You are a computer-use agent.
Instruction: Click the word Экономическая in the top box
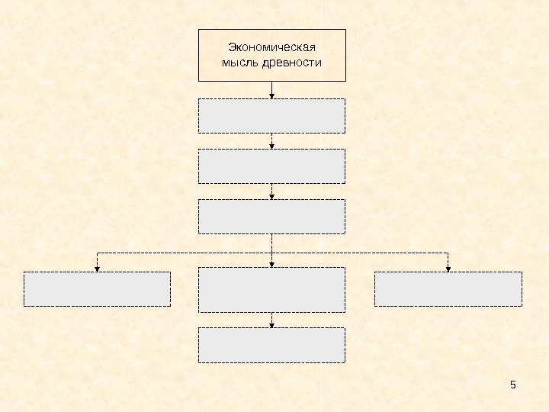tap(272, 48)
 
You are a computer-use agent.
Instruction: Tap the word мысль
tap(239, 63)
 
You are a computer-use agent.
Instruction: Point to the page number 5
tap(513, 384)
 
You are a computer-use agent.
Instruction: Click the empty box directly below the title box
tap(271, 115)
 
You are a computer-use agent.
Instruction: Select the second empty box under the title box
tap(271, 166)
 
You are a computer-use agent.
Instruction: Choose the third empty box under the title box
tap(271, 217)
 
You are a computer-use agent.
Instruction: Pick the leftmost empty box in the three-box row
tap(97, 289)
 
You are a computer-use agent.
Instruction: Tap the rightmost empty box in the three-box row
tap(448, 289)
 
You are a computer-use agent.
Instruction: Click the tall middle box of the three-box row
tap(271, 290)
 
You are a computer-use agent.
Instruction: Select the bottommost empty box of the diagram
tap(271, 345)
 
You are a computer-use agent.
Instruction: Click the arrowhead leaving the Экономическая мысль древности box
tap(272, 95)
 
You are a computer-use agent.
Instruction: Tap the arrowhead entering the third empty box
tap(272, 197)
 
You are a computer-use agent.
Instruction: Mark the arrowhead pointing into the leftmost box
tap(97, 268)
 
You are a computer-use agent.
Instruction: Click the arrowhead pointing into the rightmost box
tap(448, 268)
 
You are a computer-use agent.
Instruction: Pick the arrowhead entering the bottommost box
tap(272, 325)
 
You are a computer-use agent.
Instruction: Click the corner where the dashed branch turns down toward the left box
tap(97, 252)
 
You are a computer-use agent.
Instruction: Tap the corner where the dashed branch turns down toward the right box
tap(448, 252)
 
